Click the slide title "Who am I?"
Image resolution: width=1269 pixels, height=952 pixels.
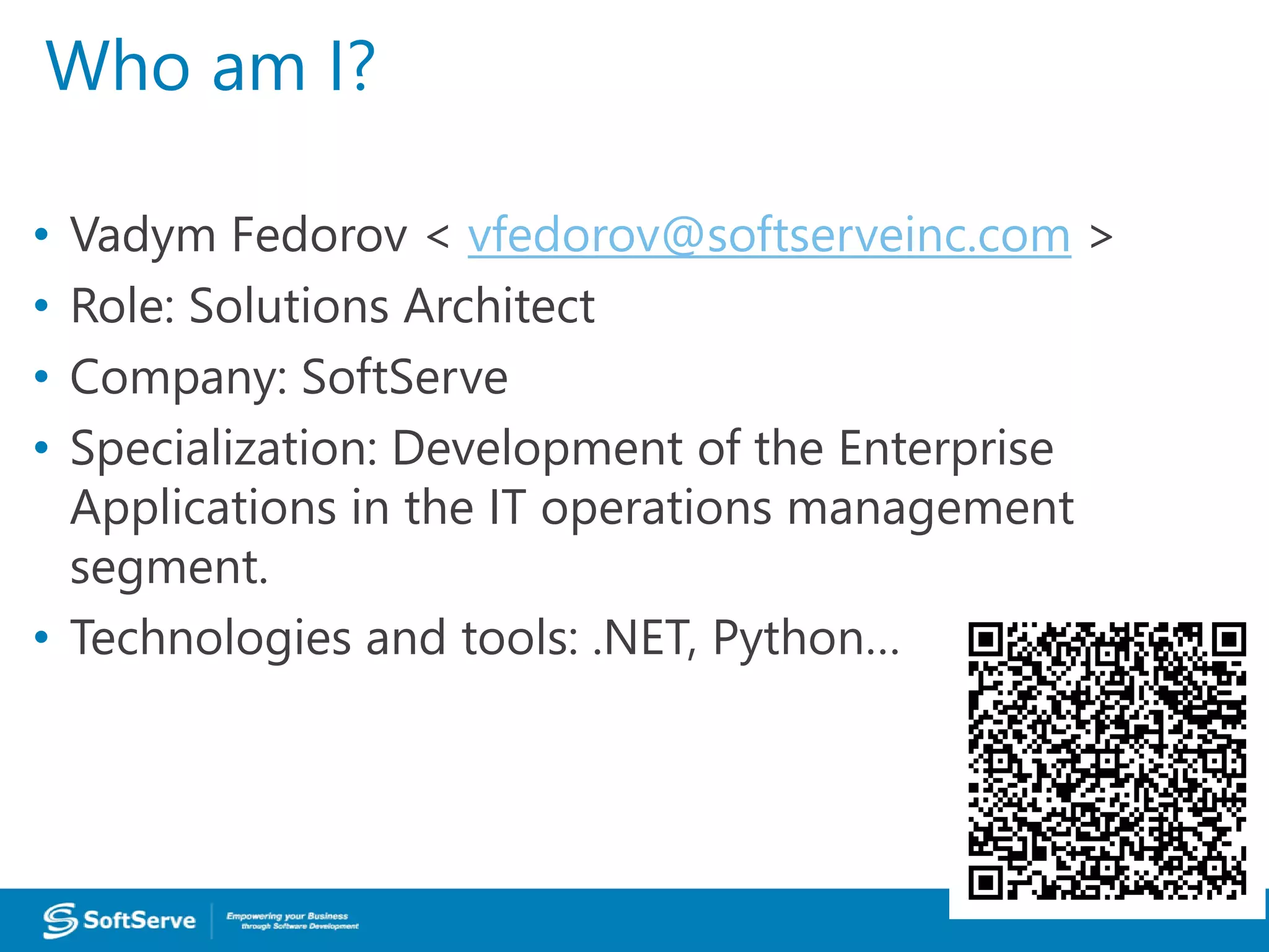coord(211,66)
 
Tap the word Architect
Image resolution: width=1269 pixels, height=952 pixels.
coord(499,306)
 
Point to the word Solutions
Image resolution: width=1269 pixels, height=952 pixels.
coord(289,306)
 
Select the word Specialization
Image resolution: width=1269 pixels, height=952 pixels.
coord(224,449)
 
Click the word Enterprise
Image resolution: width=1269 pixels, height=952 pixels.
coord(946,449)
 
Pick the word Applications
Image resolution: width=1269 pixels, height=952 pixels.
coord(203,508)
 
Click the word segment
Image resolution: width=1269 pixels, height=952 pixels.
coord(169,567)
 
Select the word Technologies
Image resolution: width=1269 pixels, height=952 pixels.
coord(211,638)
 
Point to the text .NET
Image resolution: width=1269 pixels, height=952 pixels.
coord(641,638)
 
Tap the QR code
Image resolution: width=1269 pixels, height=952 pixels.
coord(1107,760)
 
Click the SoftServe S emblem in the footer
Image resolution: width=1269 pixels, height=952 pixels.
coord(60,920)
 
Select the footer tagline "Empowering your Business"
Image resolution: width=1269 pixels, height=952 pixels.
coord(287,916)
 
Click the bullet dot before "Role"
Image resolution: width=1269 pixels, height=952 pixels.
coord(42,306)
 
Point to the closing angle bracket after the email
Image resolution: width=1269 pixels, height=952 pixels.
coord(1100,237)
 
